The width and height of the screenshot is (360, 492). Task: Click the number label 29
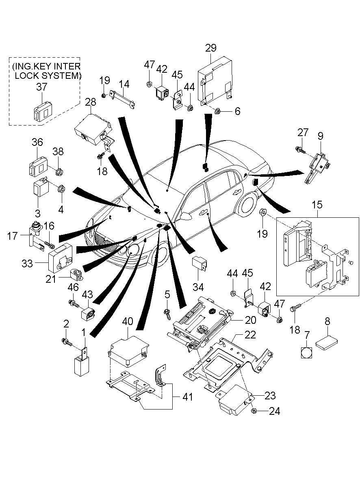click(x=210, y=48)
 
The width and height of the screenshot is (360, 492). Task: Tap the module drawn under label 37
click(x=43, y=111)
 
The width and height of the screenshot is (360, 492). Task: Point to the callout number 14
click(x=124, y=84)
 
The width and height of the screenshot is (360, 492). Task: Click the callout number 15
click(x=317, y=205)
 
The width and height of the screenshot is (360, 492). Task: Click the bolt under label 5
click(x=167, y=312)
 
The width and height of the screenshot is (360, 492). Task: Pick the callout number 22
click(x=250, y=335)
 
